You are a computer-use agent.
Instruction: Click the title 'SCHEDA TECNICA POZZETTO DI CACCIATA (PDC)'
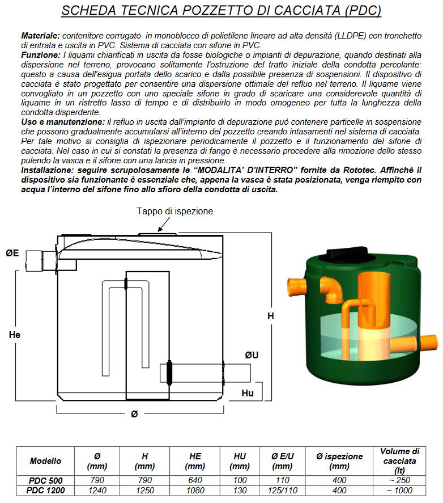221,10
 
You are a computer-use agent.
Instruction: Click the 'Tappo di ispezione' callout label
174,211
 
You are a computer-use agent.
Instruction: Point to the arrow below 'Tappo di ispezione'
164,224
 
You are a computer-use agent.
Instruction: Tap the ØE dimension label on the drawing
12,253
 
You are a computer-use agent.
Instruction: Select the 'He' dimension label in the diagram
15,335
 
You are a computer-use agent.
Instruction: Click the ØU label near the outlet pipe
252,355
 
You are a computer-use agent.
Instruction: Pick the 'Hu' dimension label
248,393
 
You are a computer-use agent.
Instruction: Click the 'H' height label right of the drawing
271,316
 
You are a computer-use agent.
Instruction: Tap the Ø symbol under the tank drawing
135,414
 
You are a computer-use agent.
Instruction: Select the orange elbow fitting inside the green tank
332,289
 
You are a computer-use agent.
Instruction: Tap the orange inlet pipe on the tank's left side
296,287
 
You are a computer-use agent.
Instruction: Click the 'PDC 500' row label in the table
45,480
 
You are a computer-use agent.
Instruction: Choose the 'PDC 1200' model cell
45,491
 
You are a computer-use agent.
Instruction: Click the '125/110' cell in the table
283,491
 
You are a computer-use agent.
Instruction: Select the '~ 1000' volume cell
399,491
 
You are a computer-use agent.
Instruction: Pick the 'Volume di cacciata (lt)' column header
399,461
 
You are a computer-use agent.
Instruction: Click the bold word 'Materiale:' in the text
41,35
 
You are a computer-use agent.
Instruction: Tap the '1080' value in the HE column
195,491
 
